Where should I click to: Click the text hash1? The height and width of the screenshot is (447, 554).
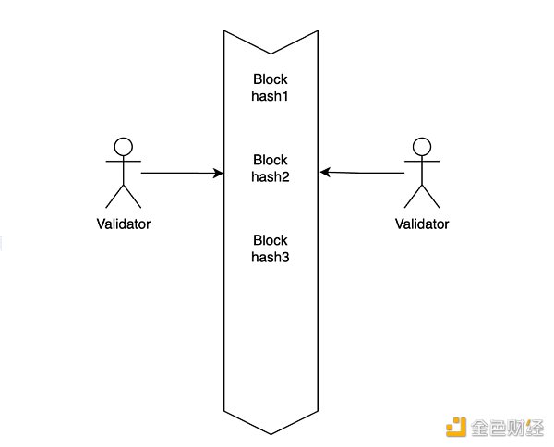click(x=271, y=95)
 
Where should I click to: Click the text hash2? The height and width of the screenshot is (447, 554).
click(x=271, y=176)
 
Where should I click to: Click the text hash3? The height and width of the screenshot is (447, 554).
click(x=271, y=257)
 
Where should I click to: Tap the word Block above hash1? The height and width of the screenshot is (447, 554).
click(x=271, y=79)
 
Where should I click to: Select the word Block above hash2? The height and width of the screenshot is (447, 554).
click(x=271, y=160)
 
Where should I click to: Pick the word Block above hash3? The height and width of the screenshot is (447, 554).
click(x=271, y=240)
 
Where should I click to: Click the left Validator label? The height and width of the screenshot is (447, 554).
click(x=123, y=223)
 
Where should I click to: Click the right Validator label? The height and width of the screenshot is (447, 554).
click(x=422, y=223)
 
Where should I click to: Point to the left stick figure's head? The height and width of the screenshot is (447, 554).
click(x=123, y=145)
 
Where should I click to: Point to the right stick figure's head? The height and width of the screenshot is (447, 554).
click(x=422, y=145)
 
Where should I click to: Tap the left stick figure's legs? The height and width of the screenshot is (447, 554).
click(x=123, y=195)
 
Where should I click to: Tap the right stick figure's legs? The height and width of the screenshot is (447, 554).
click(x=422, y=195)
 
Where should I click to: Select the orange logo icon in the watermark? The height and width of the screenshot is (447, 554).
click(x=456, y=427)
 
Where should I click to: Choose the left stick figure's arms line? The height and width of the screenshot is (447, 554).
click(x=123, y=161)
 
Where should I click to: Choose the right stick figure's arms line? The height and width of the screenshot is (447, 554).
click(x=422, y=161)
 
